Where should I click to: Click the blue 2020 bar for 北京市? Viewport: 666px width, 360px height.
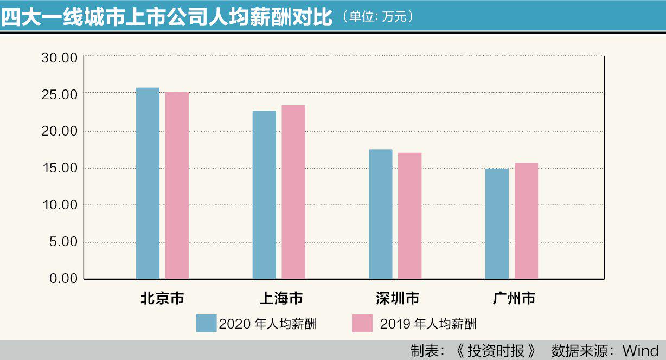tap(148, 183)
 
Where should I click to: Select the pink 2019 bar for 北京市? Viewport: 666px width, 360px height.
tap(177, 186)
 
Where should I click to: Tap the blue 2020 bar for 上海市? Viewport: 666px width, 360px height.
tap(264, 195)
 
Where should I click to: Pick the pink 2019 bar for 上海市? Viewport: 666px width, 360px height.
tap(293, 192)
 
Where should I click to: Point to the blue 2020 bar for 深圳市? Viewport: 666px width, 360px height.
tap(381, 214)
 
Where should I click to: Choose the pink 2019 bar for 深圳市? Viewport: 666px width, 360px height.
tap(409, 216)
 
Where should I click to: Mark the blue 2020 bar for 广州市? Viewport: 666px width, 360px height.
tap(497, 224)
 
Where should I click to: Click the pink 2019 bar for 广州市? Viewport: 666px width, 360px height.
tap(526, 221)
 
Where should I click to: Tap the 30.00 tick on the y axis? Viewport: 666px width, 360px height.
tap(60, 57)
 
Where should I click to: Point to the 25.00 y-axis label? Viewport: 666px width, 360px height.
tap(60, 94)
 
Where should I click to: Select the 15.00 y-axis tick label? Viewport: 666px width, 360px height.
tap(60, 168)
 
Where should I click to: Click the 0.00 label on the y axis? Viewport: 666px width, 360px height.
tap(63, 278)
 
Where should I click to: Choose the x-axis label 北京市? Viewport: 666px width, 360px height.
tap(162, 298)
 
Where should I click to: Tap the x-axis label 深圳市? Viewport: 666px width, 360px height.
tap(398, 298)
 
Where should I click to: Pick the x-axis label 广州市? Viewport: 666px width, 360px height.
tap(514, 298)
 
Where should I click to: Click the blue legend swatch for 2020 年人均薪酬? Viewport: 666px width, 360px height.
tap(206, 324)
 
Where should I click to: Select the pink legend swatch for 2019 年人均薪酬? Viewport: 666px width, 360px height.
tap(362, 324)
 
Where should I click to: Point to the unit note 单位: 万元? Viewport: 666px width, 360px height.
tap(377, 17)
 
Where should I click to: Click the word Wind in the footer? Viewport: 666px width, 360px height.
tap(641, 351)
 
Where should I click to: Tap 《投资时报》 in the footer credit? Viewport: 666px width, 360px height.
tap(495, 351)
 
